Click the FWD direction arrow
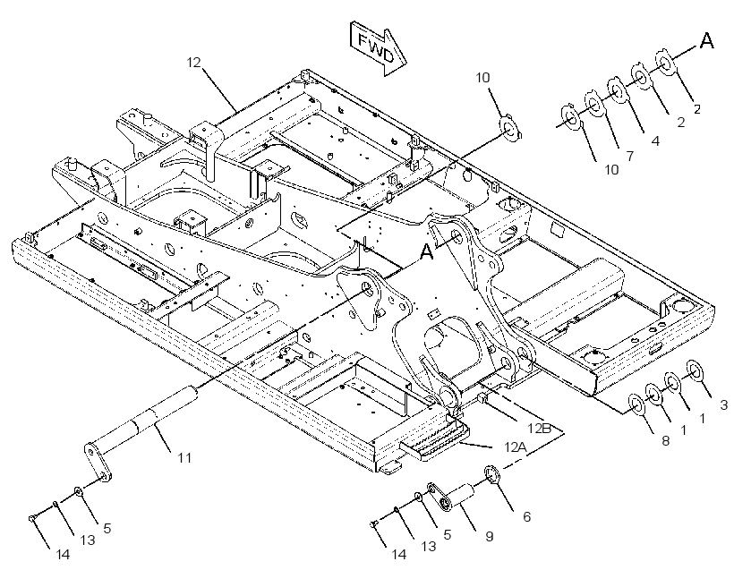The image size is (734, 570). [378, 47]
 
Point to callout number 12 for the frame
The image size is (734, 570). [194, 63]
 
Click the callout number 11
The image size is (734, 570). [184, 457]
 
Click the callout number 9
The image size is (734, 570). [489, 536]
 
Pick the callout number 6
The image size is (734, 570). [526, 516]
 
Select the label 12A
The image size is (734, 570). [516, 447]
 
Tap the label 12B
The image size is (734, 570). [539, 428]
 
